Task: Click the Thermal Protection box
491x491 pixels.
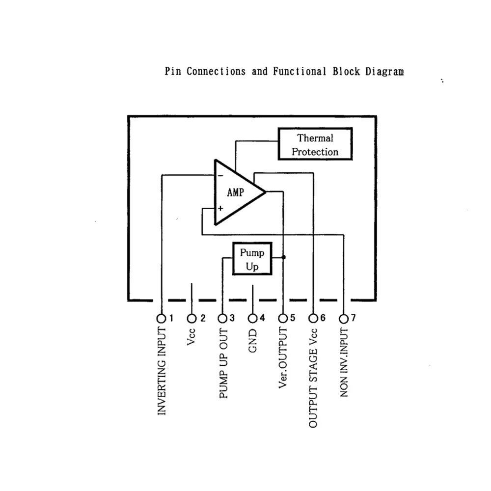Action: [x=315, y=144]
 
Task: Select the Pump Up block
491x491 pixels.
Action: [x=252, y=260]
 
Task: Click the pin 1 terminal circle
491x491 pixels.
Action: [x=161, y=318]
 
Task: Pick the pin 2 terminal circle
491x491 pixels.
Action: [x=192, y=318]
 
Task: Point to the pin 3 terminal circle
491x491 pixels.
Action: [x=222, y=318]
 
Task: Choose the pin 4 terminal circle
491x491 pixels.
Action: [x=253, y=318]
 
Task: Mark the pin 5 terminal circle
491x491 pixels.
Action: [x=283, y=318]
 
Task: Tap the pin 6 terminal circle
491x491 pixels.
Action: [x=314, y=318]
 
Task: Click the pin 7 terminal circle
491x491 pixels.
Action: [x=344, y=318]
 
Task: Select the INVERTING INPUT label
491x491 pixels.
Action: [x=162, y=372]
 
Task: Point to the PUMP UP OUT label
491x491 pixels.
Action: [x=223, y=363]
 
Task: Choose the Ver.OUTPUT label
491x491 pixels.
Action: [x=283, y=359]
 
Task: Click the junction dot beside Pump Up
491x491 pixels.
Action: [x=284, y=257]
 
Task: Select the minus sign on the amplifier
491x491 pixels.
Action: [x=220, y=175]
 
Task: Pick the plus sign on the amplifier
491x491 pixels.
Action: [x=220, y=208]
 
